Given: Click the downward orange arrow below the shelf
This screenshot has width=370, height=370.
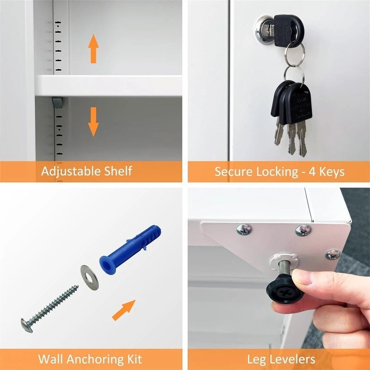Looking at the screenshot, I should click(x=93, y=122).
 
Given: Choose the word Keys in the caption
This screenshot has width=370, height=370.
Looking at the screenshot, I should click(x=331, y=172).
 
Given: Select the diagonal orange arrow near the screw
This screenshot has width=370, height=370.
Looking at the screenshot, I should click(x=123, y=309).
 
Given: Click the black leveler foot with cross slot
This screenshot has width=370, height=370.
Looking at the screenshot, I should click(x=283, y=291).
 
